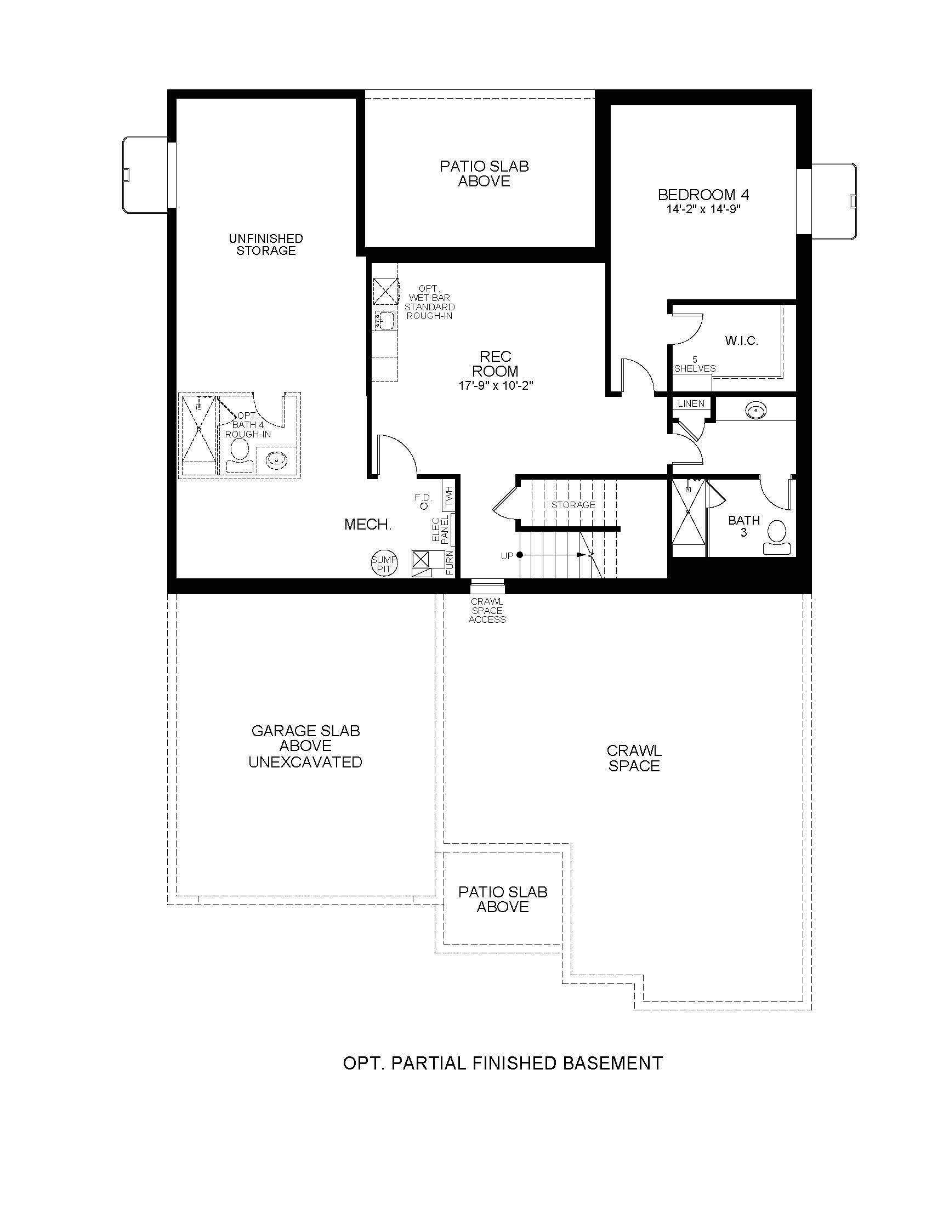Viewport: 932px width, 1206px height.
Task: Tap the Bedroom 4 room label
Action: click(703, 195)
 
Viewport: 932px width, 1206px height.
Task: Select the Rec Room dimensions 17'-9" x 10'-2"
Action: click(495, 385)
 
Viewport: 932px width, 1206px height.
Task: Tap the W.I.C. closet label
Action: click(742, 341)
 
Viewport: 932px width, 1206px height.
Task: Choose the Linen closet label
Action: click(691, 403)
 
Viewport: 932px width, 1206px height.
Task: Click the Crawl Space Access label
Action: click(487, 610)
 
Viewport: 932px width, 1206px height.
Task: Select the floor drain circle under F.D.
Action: click(424, 506)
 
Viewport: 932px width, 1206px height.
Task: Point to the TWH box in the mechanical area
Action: click(448, 496)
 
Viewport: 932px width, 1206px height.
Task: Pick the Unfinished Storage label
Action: click(266, 244)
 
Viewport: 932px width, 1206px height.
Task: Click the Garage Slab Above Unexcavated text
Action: click(305, 746)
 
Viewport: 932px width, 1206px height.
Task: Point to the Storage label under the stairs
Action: click(573, 505)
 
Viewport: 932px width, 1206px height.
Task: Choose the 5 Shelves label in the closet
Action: click(695, 365)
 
